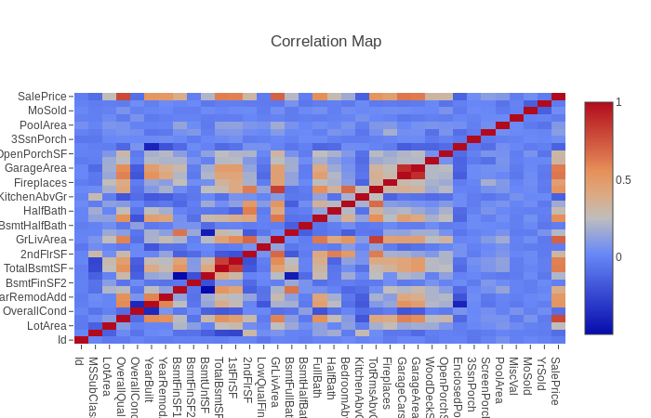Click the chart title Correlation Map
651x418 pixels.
click(325, 41)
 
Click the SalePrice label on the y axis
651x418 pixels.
click(43, 97)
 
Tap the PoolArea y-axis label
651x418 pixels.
click(44, 124)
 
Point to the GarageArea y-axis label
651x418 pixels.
click(36, 168)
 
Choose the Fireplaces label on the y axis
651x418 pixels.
click(40, 182)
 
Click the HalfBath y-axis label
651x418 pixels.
click(46, 211)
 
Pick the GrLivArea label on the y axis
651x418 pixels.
click(42, 240)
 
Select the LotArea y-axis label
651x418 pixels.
click(47, 325)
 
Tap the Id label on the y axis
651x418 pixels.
click(62, 340)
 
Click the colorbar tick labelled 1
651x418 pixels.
click(618, 102)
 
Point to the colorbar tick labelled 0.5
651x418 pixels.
click(623, 179)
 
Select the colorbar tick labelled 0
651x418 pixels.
click(618, 256)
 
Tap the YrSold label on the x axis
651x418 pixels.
click(542, 376)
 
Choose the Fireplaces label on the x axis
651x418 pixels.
click(387, 381)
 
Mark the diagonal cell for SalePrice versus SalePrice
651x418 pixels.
click(558, 97)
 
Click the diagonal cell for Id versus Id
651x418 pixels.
click(82, 340)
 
